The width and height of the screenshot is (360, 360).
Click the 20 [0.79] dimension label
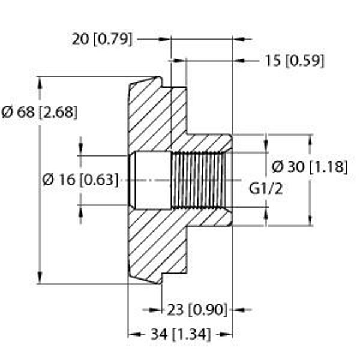102,40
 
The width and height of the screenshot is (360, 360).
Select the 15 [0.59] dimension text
295,61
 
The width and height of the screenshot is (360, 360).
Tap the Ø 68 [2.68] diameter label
40,113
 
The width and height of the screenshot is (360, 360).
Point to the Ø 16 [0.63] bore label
80,180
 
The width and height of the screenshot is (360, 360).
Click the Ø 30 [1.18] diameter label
310,167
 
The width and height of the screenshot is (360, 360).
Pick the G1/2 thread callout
266,189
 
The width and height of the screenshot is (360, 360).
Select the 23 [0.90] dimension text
197,310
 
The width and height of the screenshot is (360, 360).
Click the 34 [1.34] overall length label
181,334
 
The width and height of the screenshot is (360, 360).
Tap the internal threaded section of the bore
198,180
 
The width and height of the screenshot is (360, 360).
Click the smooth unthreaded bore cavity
153,180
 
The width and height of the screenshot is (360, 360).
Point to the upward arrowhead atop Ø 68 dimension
40,83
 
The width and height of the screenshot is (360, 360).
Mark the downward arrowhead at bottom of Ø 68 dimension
40,277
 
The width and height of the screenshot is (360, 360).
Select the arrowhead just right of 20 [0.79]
165,39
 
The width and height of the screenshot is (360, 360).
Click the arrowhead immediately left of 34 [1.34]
134,334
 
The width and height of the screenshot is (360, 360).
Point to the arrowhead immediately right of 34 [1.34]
226,334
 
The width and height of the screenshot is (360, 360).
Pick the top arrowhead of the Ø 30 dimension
311,142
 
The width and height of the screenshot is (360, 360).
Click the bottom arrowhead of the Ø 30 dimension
311,220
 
